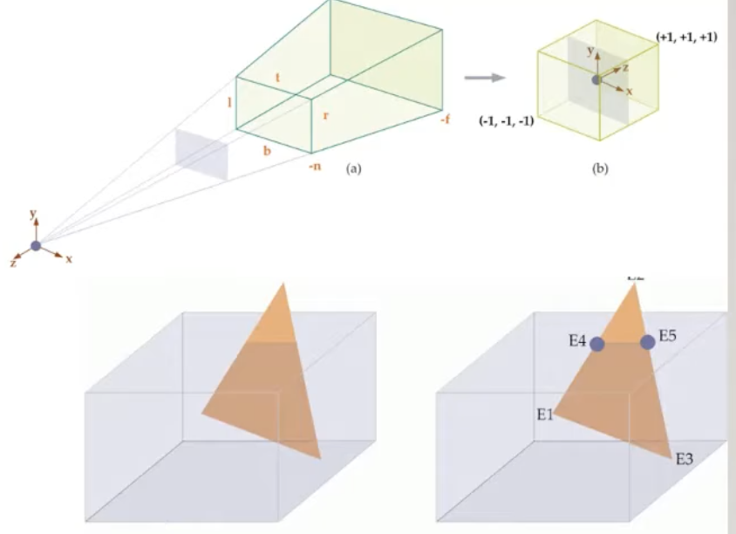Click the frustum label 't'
[x=276, y=79]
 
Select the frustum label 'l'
[x=229, y=102]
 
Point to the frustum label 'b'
[x=268, y=150]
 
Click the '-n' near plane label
[x=315, y=166]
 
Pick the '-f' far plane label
[x=445, y=120]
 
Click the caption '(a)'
[x=353, y=169]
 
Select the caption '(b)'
[x=600, y=169]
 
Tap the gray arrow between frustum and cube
[x=485, y=78]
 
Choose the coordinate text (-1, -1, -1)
[x=506, y=121]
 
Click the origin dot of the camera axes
[x=36, y=246]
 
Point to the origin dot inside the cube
[x=596, y=79]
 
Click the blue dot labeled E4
[x=597, y=344]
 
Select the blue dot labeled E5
[x=647, y=342]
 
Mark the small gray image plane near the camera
[x=201, y=154]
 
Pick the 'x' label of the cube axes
[x=630, y=90]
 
